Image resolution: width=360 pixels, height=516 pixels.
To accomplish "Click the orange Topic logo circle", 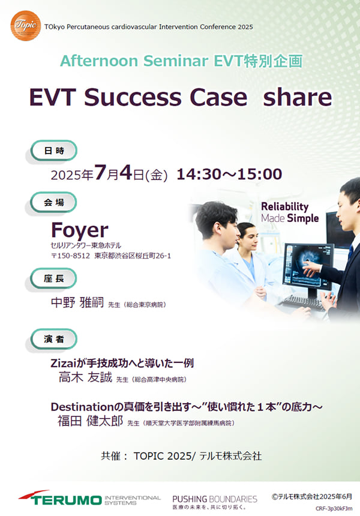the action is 25,26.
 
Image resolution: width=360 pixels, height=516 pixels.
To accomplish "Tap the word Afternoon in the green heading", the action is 99,61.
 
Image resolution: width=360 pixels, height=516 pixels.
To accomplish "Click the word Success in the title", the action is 133,97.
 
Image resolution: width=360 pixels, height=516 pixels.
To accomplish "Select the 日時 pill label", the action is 54,151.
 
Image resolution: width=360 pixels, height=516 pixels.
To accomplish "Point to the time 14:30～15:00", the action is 229,174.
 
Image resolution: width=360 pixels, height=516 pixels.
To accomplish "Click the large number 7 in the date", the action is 100,172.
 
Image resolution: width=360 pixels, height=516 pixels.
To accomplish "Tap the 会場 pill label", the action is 53,202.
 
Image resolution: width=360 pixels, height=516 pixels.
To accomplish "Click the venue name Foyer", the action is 80,230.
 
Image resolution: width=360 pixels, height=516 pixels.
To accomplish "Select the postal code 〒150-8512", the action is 70,256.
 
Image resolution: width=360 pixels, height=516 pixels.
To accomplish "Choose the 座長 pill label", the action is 53,278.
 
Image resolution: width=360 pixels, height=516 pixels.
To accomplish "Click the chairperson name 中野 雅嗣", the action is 77,302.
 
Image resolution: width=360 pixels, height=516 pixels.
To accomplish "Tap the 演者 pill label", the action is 54,339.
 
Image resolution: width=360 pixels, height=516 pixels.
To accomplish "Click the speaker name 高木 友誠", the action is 85,377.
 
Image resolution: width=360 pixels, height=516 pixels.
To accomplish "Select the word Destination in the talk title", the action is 82,407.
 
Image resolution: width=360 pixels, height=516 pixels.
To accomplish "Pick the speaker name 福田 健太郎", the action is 90,421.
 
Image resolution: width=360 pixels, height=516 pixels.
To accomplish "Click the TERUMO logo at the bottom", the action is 60,498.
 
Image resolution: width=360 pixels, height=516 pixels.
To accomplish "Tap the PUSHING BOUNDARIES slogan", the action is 215,499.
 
